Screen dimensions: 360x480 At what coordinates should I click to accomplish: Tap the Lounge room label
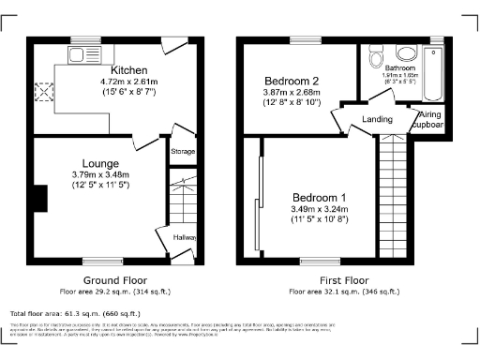click(100, 162)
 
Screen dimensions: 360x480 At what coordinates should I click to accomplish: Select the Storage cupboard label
click(184, 150)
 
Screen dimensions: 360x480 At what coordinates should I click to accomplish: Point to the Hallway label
click(186, 237)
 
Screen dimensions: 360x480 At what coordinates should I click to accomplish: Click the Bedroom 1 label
click(319, 197)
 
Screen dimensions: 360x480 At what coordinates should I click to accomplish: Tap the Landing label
click(377, 119)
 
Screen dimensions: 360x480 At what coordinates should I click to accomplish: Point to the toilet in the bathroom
click(376, 59)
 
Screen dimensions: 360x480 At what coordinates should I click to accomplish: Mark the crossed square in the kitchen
click(40, 91)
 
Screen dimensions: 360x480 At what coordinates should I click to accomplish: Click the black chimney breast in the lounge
click(39, 199)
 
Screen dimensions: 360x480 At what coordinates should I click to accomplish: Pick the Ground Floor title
click(112, 279)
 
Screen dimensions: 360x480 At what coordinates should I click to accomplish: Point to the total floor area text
click(75, 312)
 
